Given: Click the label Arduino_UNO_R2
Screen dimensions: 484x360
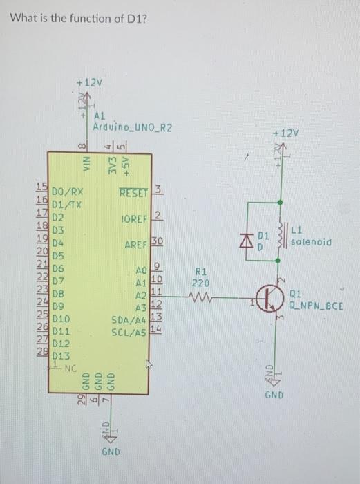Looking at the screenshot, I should [132, 128].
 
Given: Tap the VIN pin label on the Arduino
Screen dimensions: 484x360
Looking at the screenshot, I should [88, 164].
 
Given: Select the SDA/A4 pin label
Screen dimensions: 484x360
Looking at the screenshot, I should [129, 320].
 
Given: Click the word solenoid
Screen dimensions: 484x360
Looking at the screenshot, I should [313, 242].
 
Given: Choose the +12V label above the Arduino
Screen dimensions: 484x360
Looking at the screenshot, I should [89, 82].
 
